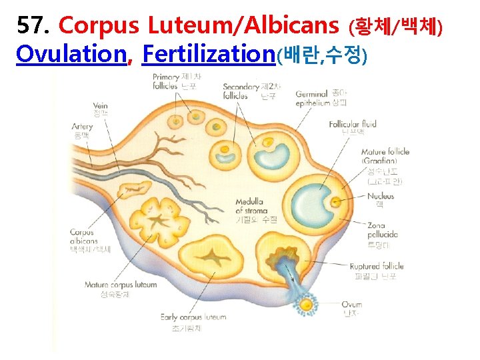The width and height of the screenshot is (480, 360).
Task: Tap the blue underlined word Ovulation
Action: coord(71,54)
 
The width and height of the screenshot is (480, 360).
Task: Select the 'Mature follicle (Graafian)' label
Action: coord(385,156)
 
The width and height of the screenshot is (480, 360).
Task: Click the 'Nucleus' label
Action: coord(380,196)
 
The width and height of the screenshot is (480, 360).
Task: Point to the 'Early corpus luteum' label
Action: coord(193,317)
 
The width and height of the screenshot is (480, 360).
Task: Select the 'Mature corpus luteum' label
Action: coord(121,285)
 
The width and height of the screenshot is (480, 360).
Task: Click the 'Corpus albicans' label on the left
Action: coord(83,237)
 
